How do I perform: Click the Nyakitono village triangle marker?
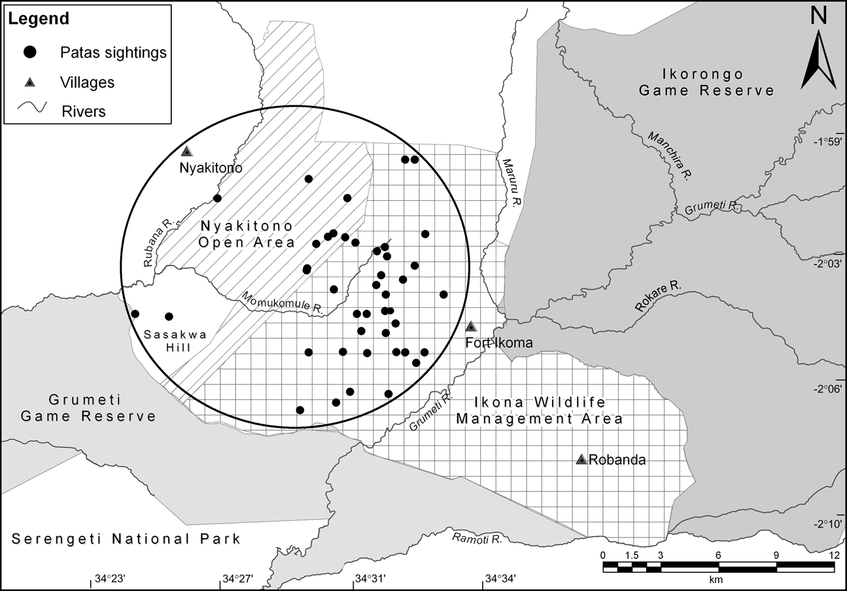[x=187, y=151]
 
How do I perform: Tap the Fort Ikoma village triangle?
[x=471, y=327]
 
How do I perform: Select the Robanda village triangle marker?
[x=581, y=460]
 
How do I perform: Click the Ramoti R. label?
[x=476, y=539]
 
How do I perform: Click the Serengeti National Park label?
[x=126, y=539]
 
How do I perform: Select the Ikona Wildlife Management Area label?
[x=539, y=410]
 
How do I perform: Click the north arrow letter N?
[x=818, y=18]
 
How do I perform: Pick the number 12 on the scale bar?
[x=833, y=555]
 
